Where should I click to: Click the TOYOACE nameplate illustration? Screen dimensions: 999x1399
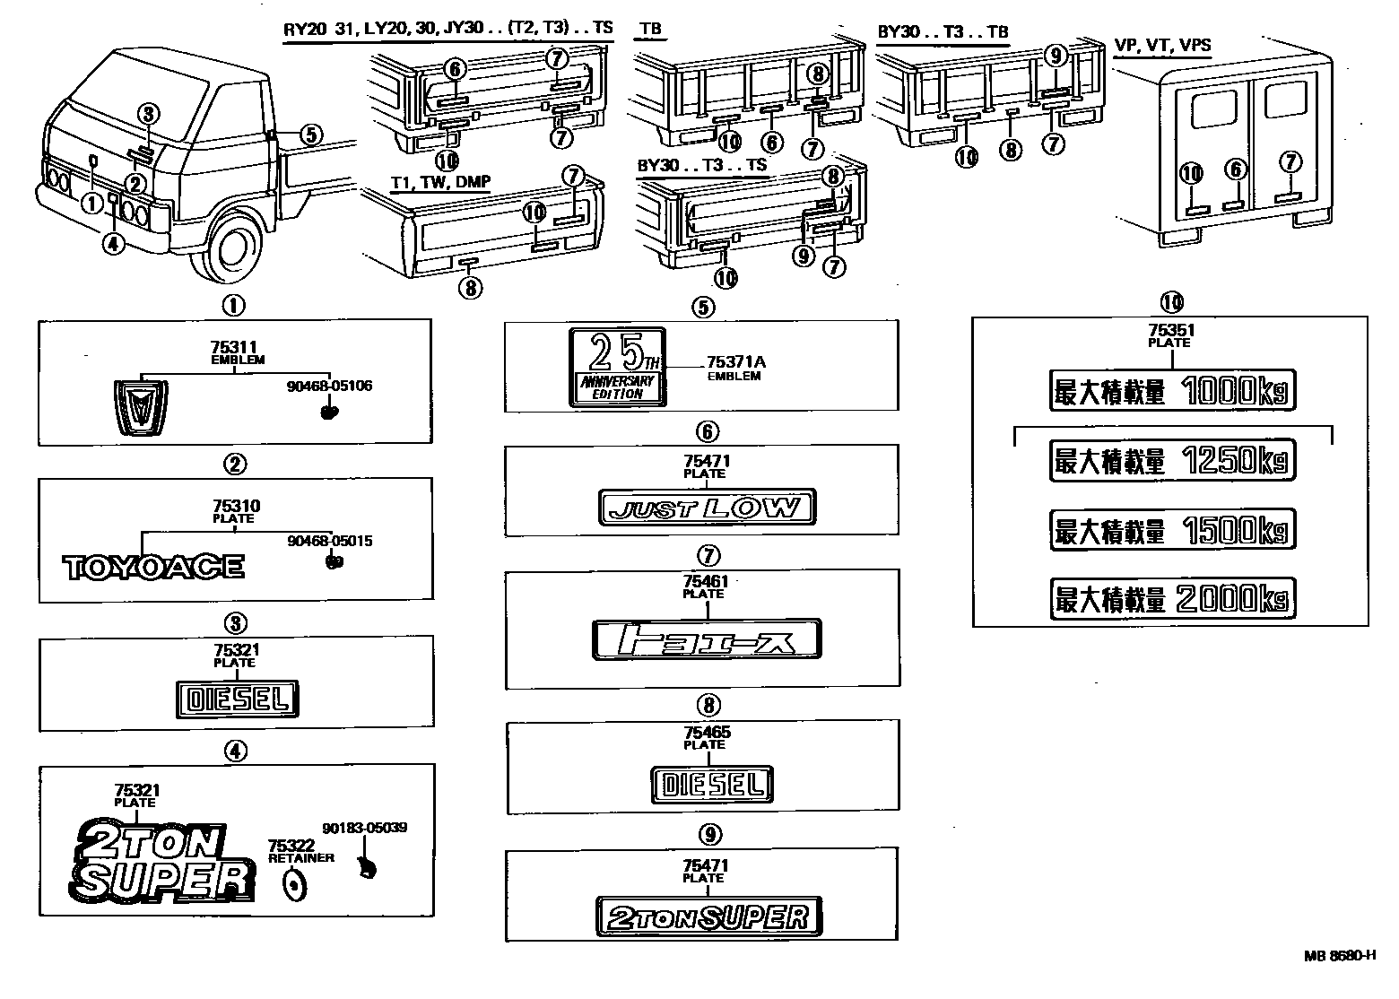[153, 567]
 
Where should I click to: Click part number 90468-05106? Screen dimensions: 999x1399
[330, 387]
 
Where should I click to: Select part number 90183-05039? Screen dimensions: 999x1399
[365, 828]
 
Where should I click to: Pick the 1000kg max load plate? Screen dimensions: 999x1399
[1172, 391]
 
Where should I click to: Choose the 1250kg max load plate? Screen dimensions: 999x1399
[1172, 461]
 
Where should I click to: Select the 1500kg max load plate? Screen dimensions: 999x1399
[1172, 529]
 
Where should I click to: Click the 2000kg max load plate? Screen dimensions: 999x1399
[1172, 598]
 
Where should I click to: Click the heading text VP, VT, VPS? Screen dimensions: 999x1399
[1162, 45]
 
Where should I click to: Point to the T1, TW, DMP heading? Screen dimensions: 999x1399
[440, 181]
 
